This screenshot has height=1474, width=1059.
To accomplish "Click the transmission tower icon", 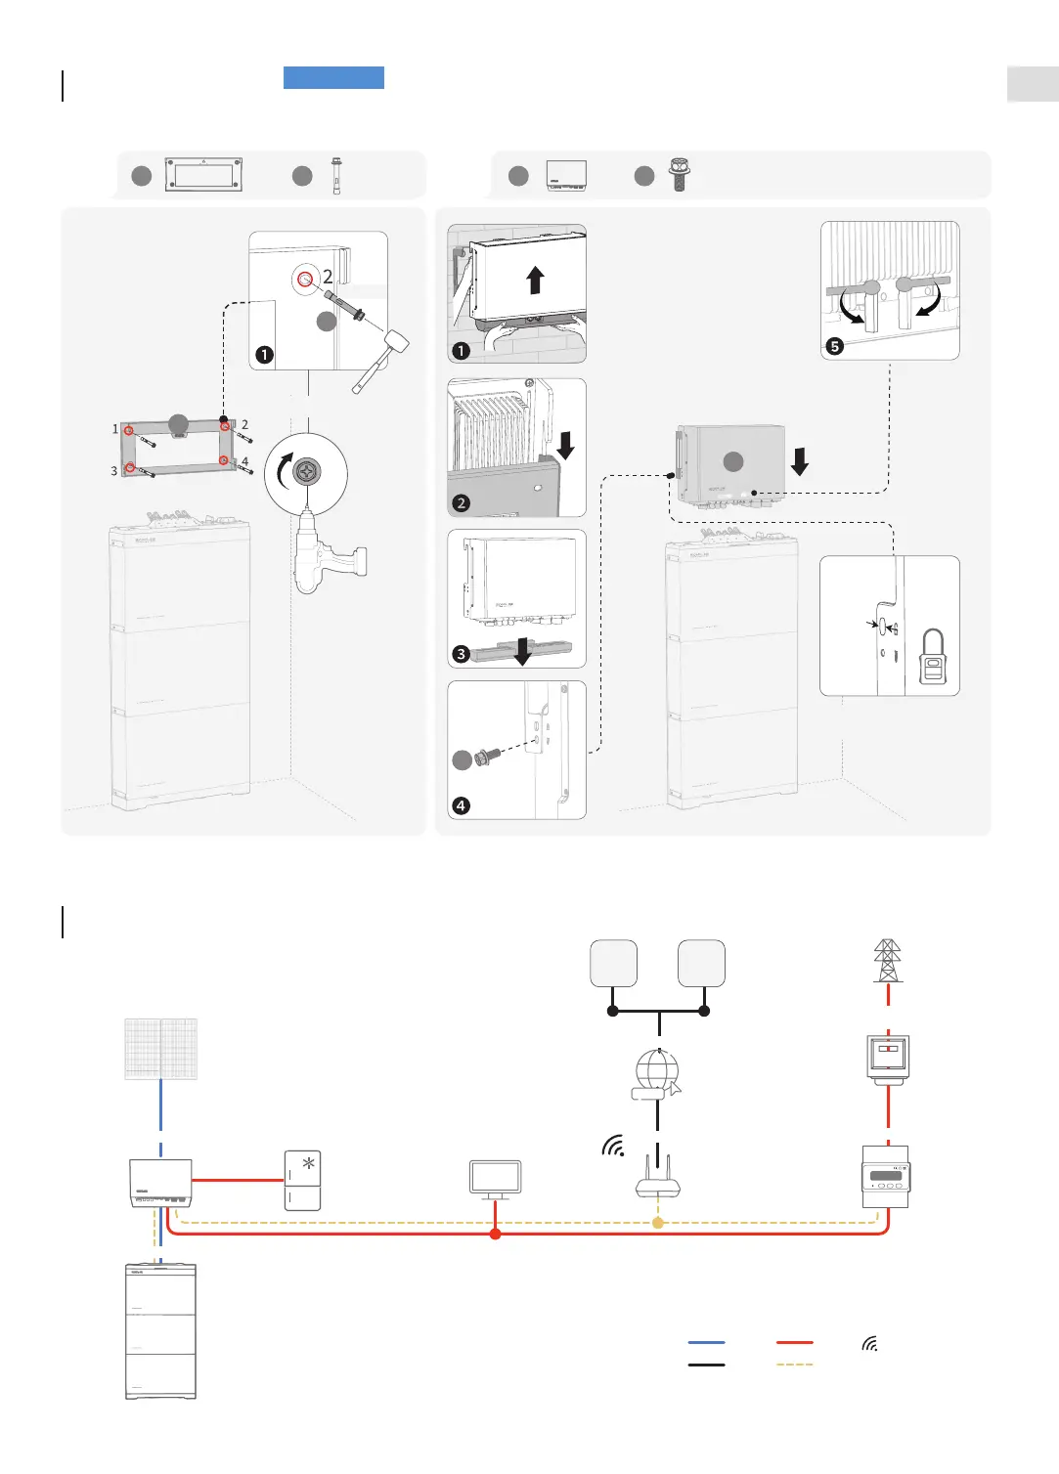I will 887,961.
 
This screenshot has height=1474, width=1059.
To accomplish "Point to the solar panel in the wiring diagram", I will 161,1049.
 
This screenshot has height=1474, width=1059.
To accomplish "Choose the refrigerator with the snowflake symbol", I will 302,1181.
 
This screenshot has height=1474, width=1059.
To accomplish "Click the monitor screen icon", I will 495,1179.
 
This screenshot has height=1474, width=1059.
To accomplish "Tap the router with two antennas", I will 657,1178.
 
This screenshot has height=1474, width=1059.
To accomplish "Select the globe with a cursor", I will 657,1074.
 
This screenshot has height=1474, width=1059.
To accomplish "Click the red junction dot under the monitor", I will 495,1235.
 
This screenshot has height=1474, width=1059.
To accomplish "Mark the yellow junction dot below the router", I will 658,1223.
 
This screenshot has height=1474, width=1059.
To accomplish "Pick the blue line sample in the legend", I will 706,1343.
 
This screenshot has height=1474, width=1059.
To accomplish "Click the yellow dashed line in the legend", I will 794,1365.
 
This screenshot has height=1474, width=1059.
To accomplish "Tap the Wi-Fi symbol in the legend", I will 869,1344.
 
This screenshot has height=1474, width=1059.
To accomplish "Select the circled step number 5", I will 834,346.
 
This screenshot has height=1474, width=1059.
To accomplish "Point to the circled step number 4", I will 462,806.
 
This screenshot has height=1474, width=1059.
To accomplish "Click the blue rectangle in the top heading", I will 333,77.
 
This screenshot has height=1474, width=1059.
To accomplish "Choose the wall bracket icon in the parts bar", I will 202,176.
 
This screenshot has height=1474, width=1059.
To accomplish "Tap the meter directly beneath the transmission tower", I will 888,1059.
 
